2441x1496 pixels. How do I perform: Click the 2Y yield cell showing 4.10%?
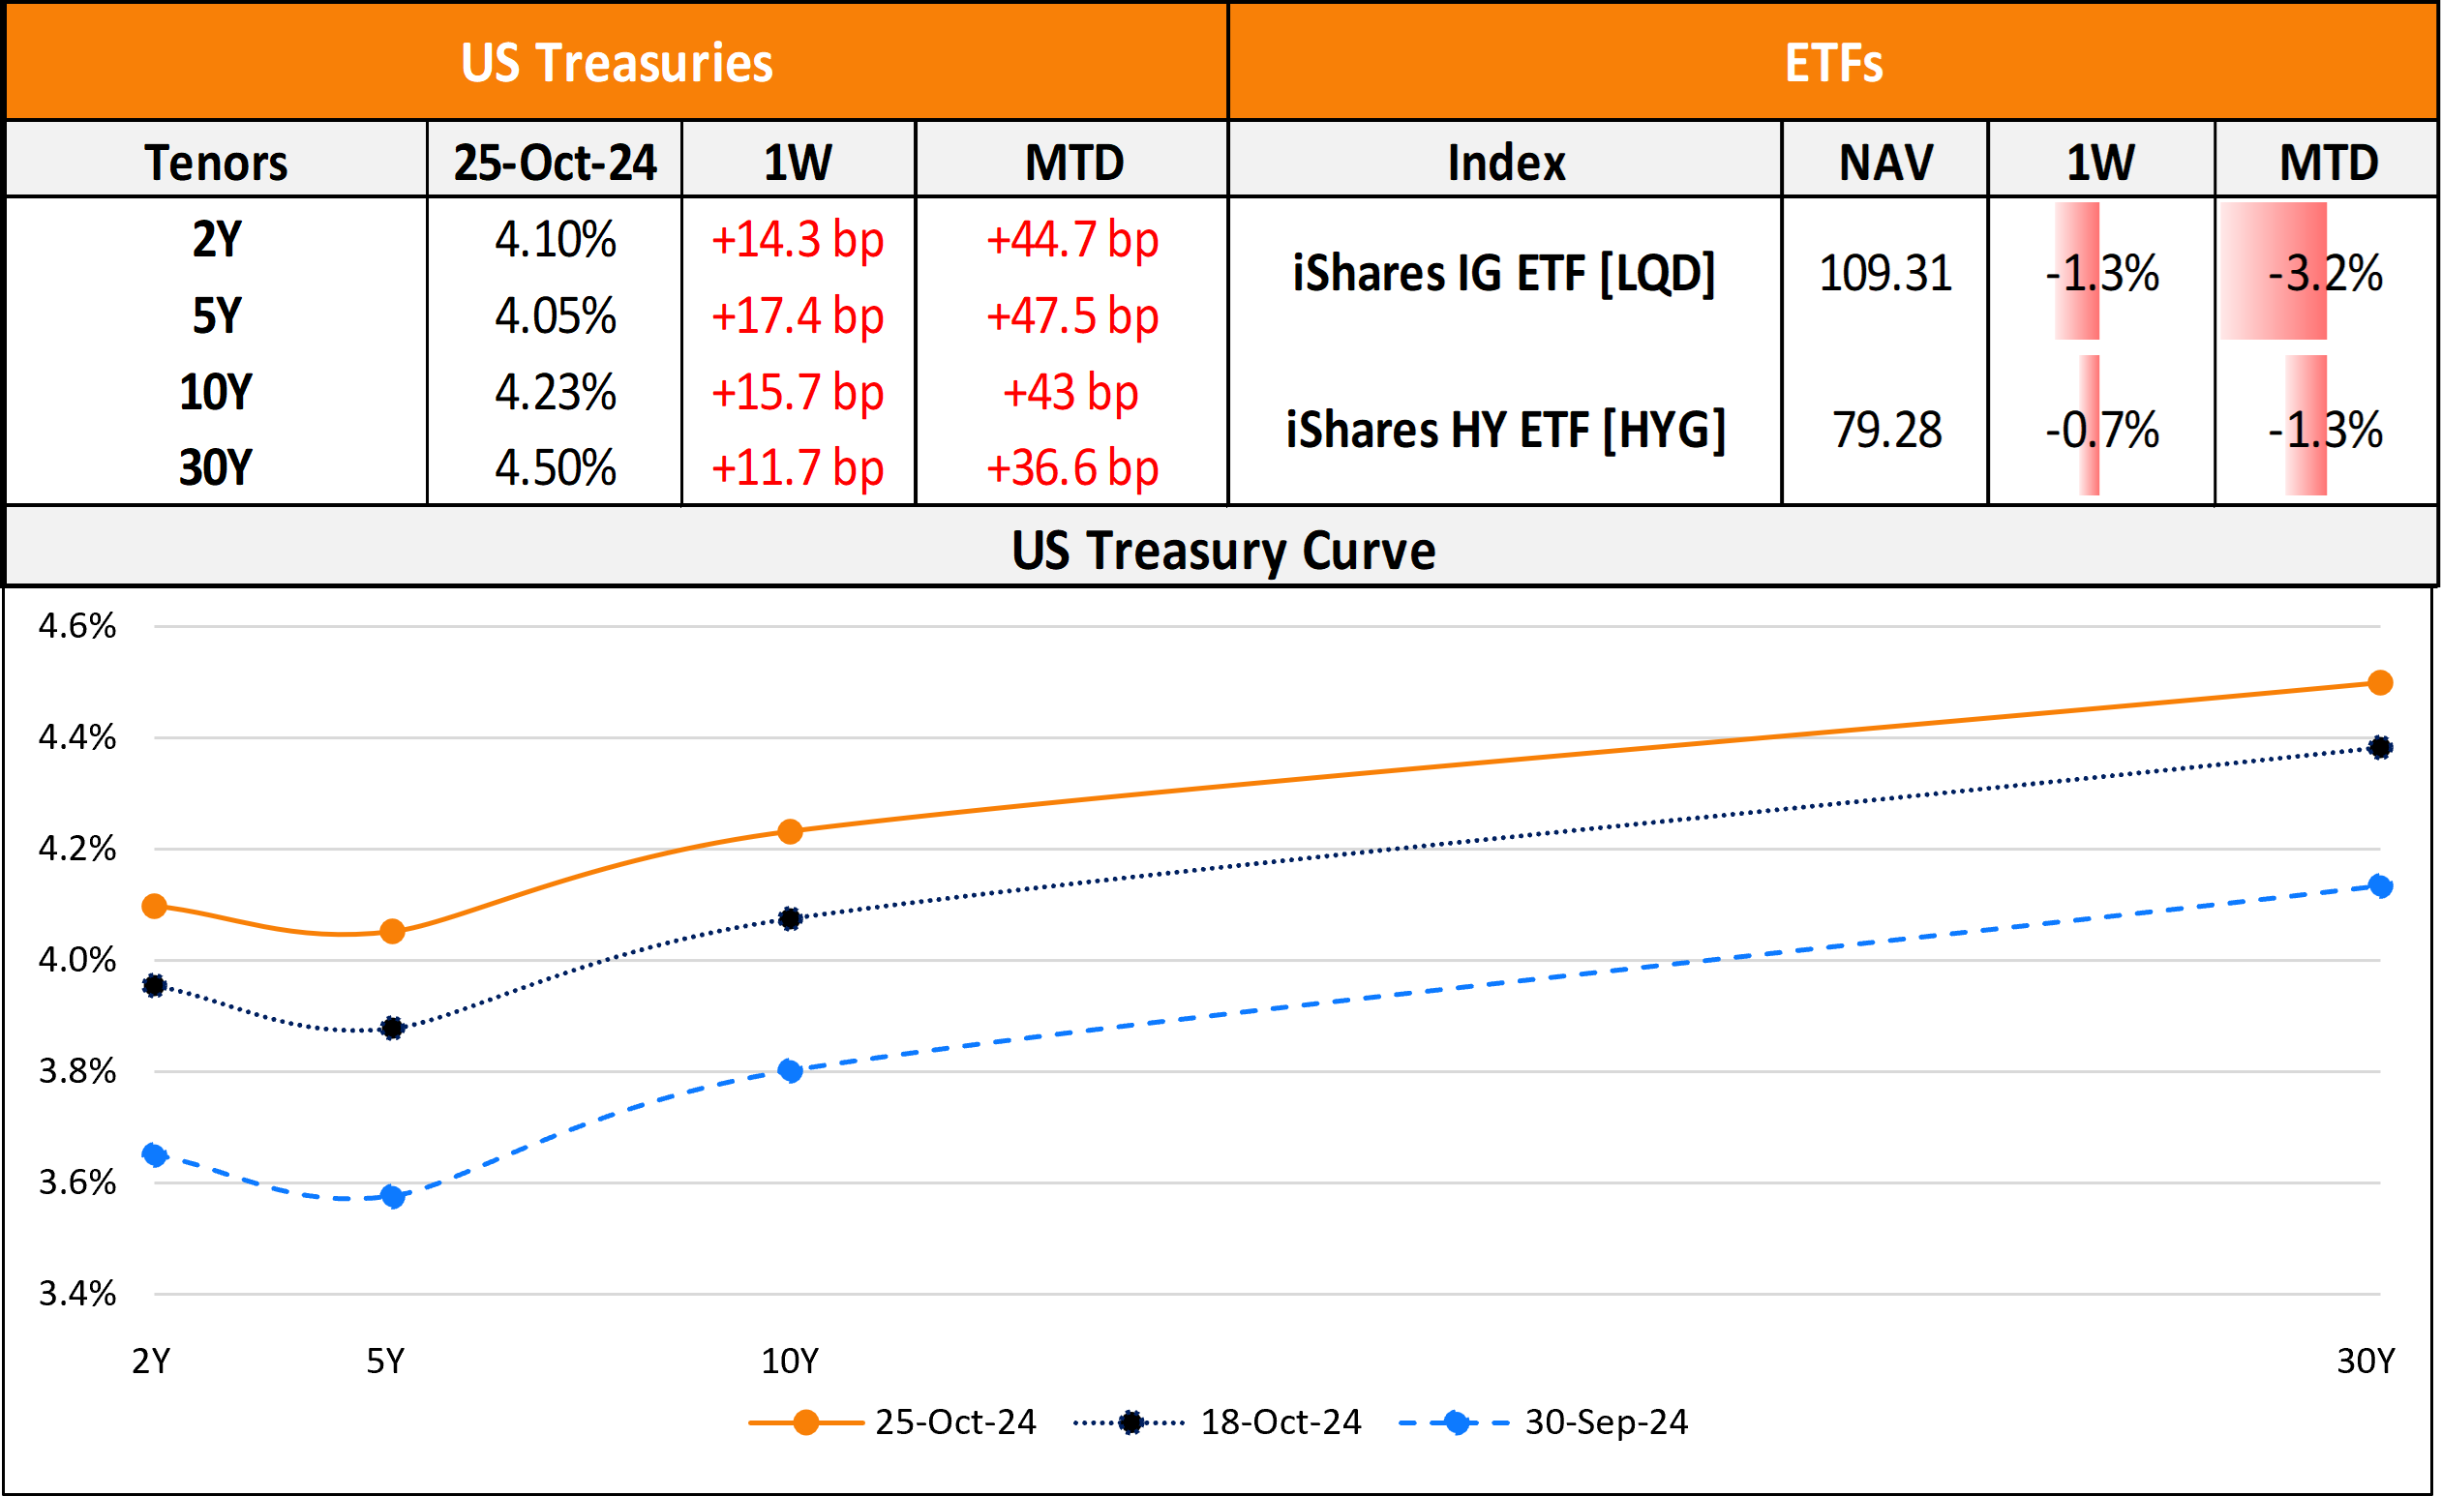tap(555, 240)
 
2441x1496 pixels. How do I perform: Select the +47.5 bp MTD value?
tap(1070, 316)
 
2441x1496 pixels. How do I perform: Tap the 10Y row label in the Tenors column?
tap(216, 392)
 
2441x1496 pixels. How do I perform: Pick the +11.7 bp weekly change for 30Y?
tap(797, 467)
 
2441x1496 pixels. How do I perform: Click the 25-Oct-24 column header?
tap(555, 163)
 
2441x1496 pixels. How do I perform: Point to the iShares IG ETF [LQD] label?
tap(1504, 274)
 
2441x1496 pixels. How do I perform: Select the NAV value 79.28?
tap(1886, 430)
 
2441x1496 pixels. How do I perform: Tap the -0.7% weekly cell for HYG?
tap(2101, 430)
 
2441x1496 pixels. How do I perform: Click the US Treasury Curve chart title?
tap(1222, 551)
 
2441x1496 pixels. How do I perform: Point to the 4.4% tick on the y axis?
tap(77, 737)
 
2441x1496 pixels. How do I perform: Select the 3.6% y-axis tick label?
tap(77, 1182)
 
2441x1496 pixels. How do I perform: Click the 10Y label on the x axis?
tap(790, 1361)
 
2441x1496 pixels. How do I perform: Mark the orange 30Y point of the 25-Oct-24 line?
tap(2380, 682)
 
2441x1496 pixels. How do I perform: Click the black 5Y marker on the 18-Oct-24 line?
tap(392, 1029)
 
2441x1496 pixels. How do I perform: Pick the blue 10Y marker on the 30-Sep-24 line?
tap(790, 1070)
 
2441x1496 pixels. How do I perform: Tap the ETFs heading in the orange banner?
tap(1833, 64)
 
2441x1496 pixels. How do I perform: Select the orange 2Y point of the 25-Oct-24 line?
tap(155, 906)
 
